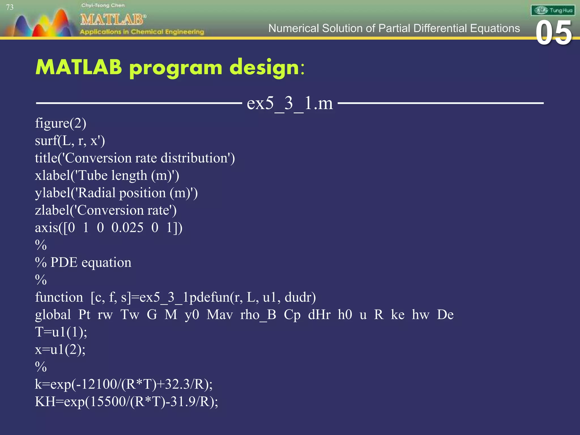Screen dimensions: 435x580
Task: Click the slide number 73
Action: tap(10, 7)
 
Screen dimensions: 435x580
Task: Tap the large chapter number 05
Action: tap(554, 33)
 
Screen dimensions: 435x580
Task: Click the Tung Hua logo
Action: tap(553, 10)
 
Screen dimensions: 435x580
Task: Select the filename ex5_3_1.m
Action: tap(290, 103)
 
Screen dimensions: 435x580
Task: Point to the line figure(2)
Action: tap(61, 123)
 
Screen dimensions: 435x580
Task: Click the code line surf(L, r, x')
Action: tap(70, 141)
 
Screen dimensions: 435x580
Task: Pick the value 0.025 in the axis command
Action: tap(127, 228)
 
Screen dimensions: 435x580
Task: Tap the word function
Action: tap(59, 297)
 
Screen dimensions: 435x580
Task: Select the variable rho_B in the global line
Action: tap(258, 315)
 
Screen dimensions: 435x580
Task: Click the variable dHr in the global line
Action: tap(319, 315)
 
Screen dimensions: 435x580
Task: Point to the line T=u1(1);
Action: tap(61, 332)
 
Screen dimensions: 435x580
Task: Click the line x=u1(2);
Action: tap(60, 350)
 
